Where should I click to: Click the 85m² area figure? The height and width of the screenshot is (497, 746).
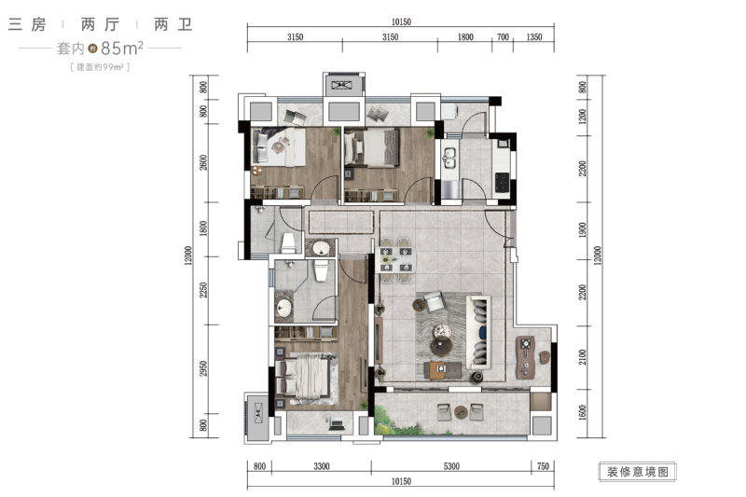coord(122,48)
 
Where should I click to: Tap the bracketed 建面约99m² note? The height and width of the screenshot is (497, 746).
coord(101,67)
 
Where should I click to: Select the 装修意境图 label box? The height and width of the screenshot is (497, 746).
coord(638,472)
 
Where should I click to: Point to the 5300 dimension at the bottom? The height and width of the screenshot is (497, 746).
coord(451,466)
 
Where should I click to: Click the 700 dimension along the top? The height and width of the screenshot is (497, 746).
coord(503,37)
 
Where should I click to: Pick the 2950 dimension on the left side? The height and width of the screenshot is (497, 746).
coord(203,368)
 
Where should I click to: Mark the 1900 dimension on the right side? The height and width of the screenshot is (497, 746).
coord(582,230)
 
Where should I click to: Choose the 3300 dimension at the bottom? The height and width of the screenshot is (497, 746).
coord(322,466)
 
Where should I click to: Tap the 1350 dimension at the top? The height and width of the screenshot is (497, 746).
coord(534,37)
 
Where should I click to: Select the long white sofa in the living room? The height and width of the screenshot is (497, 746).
coord(479,332)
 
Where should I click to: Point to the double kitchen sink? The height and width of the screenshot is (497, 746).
coord(449,158)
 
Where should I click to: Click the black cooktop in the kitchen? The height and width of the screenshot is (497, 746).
coord(502,182)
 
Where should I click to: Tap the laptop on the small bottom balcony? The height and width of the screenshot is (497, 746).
coord(337,423)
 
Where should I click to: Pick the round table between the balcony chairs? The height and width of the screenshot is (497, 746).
coord(460,412)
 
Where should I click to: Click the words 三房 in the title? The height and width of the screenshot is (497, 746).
coord(28,24)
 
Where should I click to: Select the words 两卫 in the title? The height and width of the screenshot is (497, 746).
coord(173,24)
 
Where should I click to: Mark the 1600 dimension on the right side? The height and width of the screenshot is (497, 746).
coord(582,412)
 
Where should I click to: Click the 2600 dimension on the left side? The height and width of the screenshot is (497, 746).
coord(203,162)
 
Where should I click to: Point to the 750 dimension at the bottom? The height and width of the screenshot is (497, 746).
coord(543,466)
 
